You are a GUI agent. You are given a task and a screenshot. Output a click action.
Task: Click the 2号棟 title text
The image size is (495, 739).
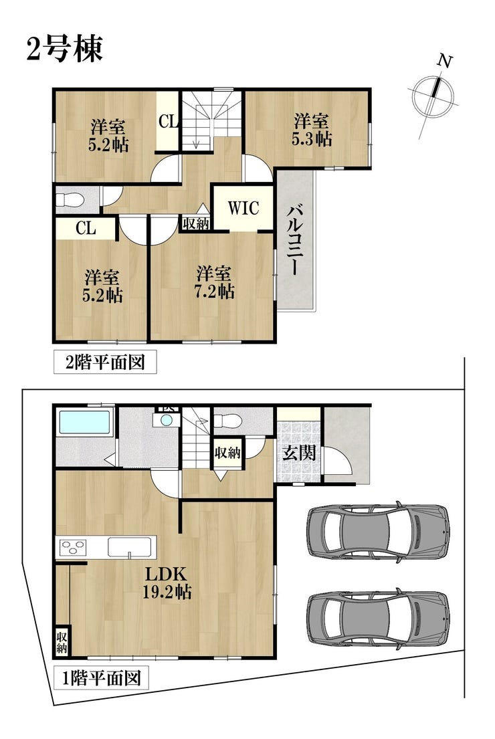(x=65, y=49)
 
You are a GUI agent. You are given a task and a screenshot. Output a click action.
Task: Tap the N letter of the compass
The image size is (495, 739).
(x=445, y=61)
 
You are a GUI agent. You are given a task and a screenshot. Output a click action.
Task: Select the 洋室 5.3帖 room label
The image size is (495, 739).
(x=311, y=129)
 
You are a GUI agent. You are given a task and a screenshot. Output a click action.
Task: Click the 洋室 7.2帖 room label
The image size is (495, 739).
(x=214, y=282)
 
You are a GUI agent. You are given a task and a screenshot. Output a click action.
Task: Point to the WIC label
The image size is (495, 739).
(x=243, y=208)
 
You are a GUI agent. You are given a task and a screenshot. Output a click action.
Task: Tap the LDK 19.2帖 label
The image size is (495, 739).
(x=167, y=583)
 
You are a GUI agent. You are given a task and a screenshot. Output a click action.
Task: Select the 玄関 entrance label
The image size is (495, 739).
(x=300, y=453)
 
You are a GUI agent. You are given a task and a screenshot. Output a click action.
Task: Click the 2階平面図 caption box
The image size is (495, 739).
(x=105, y=362)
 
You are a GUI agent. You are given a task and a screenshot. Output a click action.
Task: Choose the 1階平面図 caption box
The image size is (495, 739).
(x=102, y=678)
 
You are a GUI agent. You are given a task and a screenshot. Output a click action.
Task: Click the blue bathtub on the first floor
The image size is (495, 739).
(x=85, y=422)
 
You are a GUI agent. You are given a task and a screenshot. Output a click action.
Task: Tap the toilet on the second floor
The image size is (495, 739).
(x=70, y=199)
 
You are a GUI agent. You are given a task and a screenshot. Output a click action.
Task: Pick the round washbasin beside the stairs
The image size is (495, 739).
(x=167, y=420)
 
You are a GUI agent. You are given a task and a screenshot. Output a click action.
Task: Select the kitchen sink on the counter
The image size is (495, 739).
(x=130, y=548)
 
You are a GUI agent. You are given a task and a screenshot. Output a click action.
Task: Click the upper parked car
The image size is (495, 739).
(x=378, y=532)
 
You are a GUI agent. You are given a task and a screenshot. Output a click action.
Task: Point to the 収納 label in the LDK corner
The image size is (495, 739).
(x=62, y=641)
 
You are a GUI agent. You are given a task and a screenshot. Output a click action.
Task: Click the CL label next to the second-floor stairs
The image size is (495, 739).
(x=169, y=122)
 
